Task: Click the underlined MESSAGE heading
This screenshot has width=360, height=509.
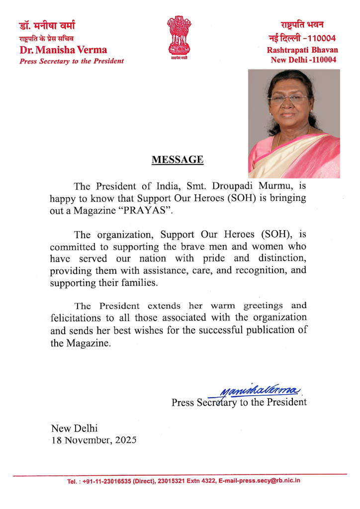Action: (178, 160)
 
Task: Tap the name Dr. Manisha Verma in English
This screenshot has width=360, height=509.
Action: (63, 50)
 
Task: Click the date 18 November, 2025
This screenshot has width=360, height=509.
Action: (93, 440)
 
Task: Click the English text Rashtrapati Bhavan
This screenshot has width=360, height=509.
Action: (302, 50)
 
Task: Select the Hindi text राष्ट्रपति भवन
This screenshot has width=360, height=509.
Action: (302, 24)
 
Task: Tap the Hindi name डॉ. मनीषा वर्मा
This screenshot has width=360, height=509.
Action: (47, 25)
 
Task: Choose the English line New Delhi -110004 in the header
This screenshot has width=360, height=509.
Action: (303, 60)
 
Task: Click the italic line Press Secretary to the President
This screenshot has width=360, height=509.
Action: (71, 61)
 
